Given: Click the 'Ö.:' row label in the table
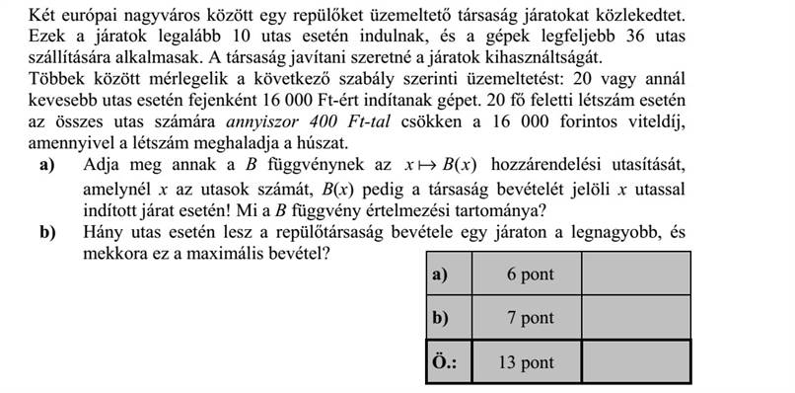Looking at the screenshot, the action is pos(445,362).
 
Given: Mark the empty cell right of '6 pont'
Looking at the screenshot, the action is pos(636,275).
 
